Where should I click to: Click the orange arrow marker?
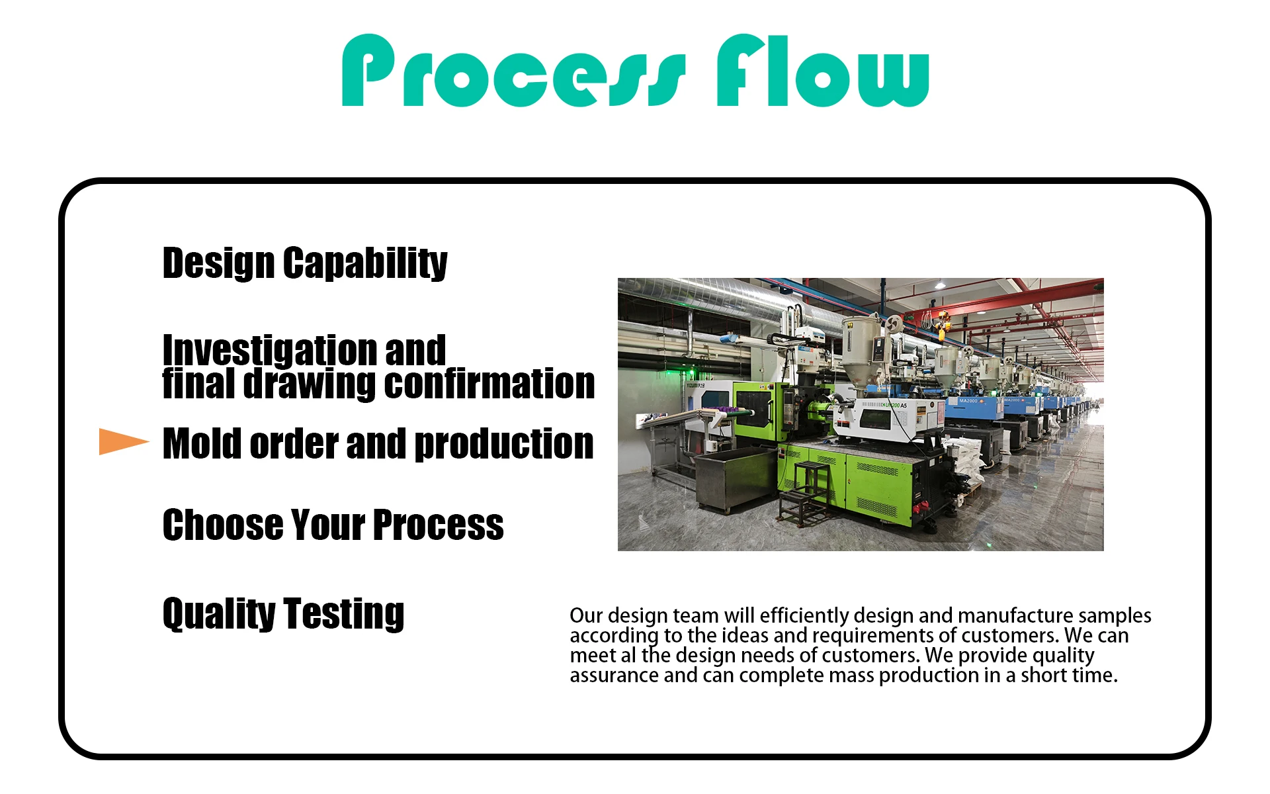pyautogui.click(x=124, y=441)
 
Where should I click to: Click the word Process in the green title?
pyautogui.click(x=514, y=71)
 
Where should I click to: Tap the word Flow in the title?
pyautogui.click(x=824, y=71)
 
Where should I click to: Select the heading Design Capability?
pyautogui.click(x=305, y=263)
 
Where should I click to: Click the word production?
pyautogui.click(x=504, y=444)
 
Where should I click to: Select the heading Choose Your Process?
pyautogui.click(x=333, y=525)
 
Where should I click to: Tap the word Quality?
pyautogui.click(x=219, y=613)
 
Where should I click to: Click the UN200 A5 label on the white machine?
pyautogui.click(x=894, y=405)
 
